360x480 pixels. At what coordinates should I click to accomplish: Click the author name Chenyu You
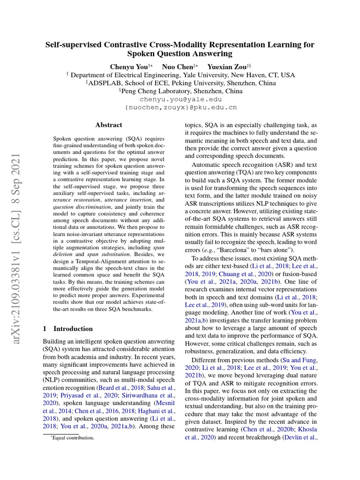128,67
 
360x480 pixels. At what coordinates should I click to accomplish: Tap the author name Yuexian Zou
227,67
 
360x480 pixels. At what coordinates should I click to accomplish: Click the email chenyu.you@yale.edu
180,99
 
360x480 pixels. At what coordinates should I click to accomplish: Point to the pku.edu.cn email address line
180,107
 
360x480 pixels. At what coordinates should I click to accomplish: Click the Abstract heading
109,125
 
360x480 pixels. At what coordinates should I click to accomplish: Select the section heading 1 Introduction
68,329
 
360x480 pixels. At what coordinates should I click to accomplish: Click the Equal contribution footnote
70,438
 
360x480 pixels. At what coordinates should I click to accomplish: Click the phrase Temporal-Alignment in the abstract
96,259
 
